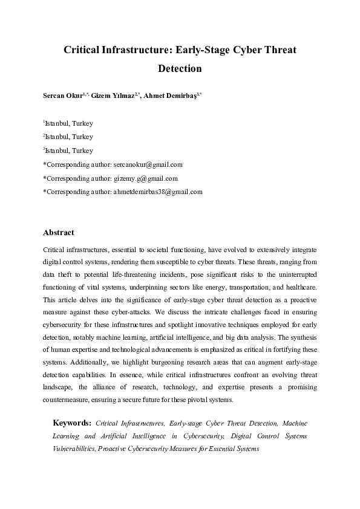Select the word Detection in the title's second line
coord(180,68)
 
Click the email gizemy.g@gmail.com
coord(145,178)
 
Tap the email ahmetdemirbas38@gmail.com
coord(157,192)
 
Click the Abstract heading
coord(59,233)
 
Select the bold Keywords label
coord(72,423)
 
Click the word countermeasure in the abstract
coord(67,400)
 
